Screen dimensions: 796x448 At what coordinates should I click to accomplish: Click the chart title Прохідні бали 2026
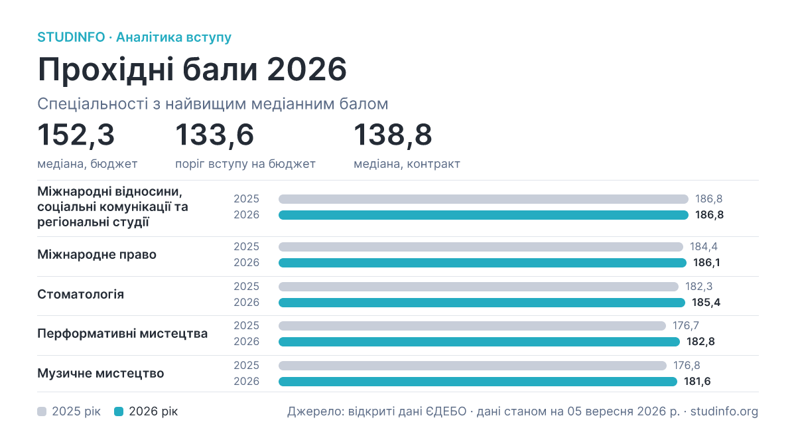pyautogui.click(x=192, y=69)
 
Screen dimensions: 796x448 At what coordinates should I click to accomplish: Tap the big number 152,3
pyautogui.click(x=76, y=135)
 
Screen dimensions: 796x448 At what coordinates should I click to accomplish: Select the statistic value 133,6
pyautogui.click(x=215, y=135)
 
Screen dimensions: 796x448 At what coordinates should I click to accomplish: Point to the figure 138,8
pyautogui.click(x=393, y=135)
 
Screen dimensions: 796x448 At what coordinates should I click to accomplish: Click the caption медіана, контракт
pyautogui.click(x=407, y=164)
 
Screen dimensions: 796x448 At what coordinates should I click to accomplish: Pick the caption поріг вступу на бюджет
pyautogui.click(x=245, y=164)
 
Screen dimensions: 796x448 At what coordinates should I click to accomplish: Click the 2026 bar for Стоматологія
pyautogui.click(x=482, y=303)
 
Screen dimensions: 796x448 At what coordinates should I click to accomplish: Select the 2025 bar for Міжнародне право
pyautogui.click(x=481, y=247)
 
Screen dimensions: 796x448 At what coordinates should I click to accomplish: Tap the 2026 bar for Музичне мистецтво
pyautogui.click(x=478, y=382)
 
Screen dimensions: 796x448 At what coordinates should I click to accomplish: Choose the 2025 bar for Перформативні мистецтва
pyautogui.click(x=472, y=326)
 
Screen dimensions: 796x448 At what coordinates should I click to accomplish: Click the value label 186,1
pyautogui.click(x=706, y=263)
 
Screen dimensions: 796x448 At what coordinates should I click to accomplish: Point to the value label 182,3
pyautogui.click(x=698, y=287)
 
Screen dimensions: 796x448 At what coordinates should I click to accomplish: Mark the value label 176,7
pyautogui.click(x=686, y=326)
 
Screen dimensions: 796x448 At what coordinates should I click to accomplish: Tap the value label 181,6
pyautogui.click(x=697, y=382)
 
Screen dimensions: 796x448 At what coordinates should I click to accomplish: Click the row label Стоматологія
pyautogui.click(x=81, y=295)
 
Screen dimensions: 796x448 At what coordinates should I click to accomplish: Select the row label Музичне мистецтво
pyautogui.click(x=101, y=373)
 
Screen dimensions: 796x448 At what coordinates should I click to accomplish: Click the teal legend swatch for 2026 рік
pyautogui.click(x=119, y=411)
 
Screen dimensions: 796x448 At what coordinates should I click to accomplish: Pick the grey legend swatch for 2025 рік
pyautogui.click(x=42, y=411)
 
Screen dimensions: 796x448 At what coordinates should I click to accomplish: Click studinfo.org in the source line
pyautogui.click(x=724, y=411)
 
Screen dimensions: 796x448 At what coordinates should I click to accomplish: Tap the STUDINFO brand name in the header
pyautogui.click(x=71, y=37)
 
